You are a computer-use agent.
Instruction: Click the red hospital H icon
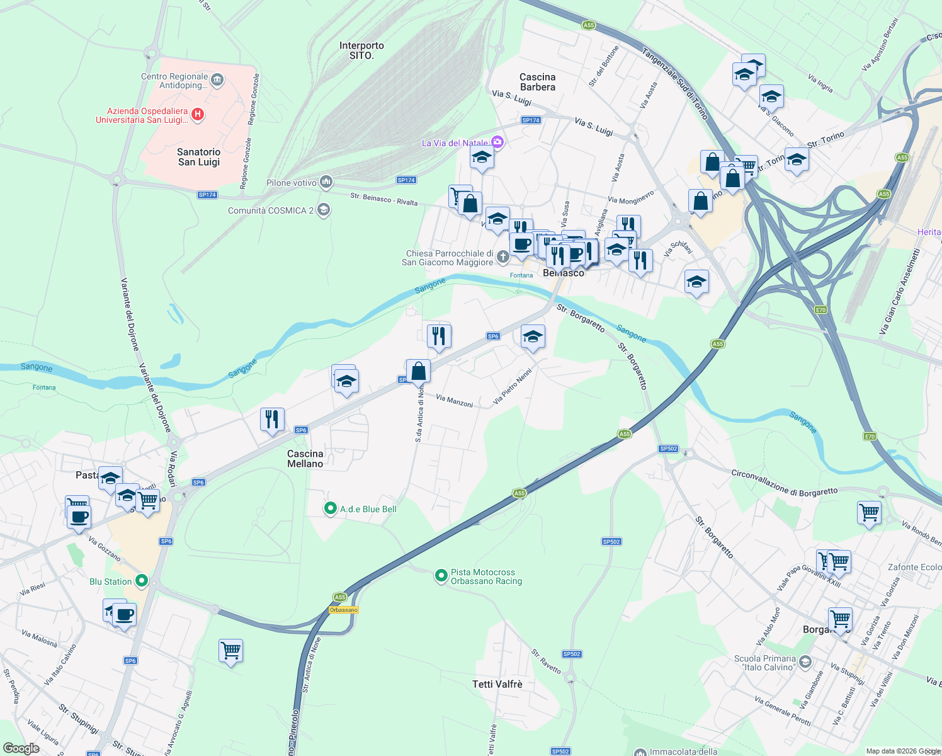[198, 114]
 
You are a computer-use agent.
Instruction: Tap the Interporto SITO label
[361, 50]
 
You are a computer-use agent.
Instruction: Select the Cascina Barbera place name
[537, 82]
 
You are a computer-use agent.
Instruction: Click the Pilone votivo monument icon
[326, 183]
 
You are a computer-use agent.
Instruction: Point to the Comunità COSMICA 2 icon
[324, 210]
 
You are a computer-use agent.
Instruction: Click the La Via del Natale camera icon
[498, 142]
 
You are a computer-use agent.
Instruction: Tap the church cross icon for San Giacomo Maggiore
[502, 256]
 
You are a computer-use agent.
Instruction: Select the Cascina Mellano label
[305, 459]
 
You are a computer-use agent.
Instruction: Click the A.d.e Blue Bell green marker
[330, 508]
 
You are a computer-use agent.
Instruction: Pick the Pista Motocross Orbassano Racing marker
[441, 576]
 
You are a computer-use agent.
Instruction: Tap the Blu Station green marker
[142, 581]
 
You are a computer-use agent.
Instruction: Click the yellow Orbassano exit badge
[343, 610]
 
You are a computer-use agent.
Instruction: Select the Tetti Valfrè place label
[497, 684]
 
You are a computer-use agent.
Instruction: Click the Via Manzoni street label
[454, 401]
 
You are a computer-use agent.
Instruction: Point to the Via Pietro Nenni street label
[513, 386]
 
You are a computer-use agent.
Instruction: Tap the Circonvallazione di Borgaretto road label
[784, 482]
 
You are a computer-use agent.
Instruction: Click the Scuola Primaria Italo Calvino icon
[806, 662]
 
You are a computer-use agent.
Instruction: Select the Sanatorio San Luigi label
[199, 157]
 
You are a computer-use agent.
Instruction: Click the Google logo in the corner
[21, 748]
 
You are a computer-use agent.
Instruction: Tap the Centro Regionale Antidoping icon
[217, 79]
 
